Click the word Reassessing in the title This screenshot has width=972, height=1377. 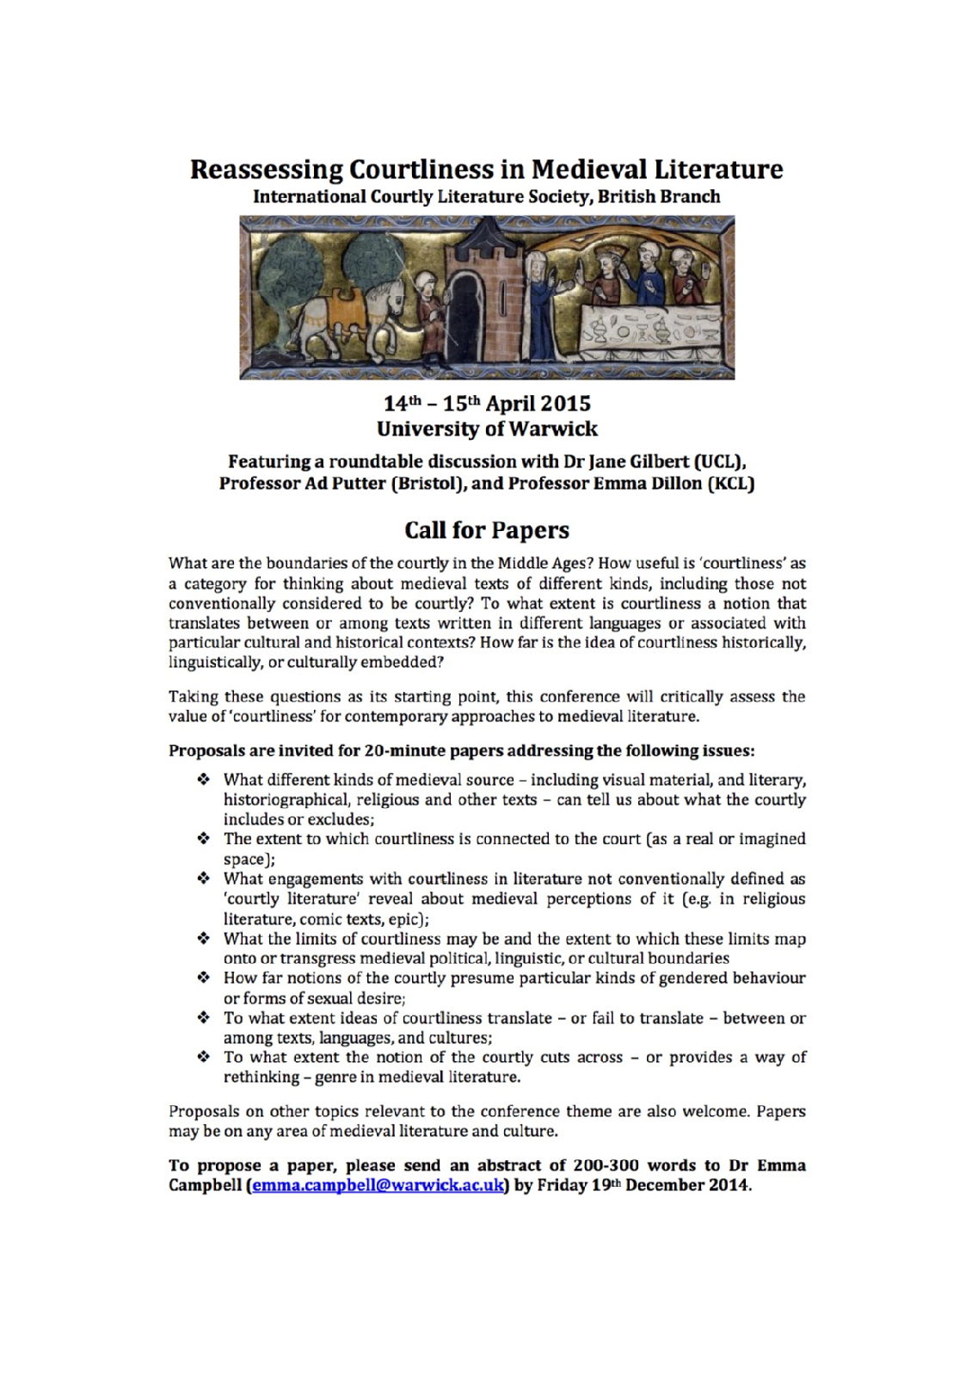coord(262,169)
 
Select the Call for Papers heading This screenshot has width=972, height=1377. coord(487,529)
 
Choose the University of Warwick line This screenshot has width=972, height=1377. coord(487,428)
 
